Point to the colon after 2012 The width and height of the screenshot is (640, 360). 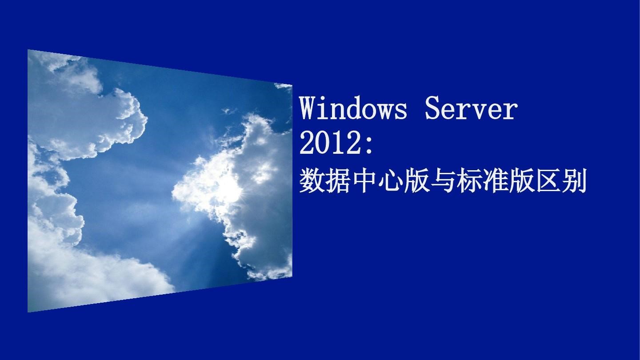(370, 146)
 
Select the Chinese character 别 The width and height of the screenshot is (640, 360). (574, 181)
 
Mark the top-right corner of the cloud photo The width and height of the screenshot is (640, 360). (292, 84)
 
